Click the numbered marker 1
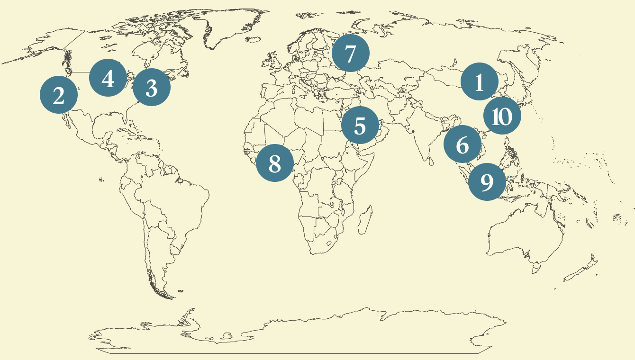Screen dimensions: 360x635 (x=479, y=82)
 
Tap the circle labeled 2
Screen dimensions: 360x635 (x=59, y=95)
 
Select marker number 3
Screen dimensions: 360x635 (x=151, y=87)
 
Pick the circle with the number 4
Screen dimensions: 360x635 (x=108, y=78)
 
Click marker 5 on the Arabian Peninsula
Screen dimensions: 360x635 (x=360, y=126)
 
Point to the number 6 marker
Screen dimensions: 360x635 (x=463, y=144)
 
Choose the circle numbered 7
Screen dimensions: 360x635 (x=350, y=53)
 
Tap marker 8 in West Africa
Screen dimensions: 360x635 (x=275, y=163)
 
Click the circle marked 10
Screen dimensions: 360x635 (x=502, y=116)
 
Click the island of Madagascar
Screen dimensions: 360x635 (x=365, y=221)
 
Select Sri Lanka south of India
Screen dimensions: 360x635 (x=430, y=161)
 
